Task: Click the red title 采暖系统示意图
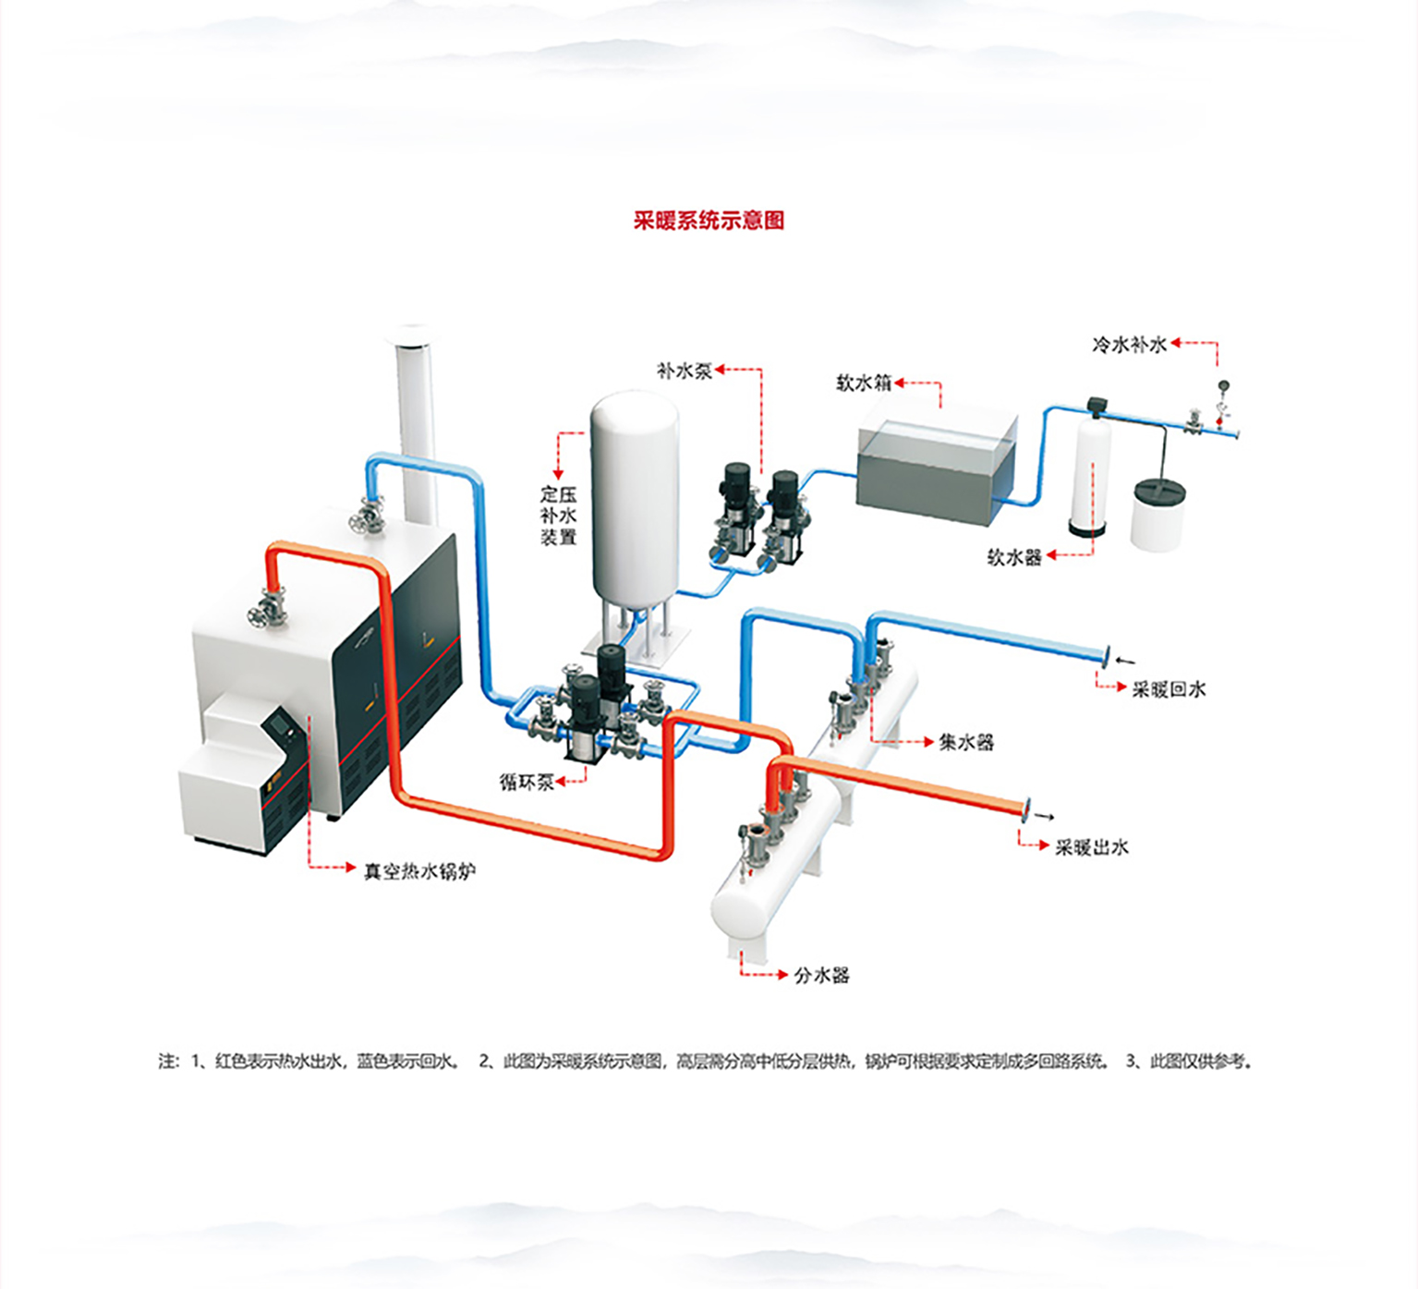[709, 220]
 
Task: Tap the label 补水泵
[685, 371]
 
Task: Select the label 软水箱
[864, 383]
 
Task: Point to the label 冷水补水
[1130, 345]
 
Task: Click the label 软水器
[1015, 557]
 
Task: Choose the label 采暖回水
[1170, 688]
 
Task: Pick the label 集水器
[966, 742]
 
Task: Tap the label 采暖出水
[1093, 846]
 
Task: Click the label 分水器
[822, 975]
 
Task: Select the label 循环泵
[527, 782]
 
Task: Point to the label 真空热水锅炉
[420, 870]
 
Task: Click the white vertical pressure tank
[635, 499]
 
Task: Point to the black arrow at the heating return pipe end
[1125, 660]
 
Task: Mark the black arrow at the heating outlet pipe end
[1044, 816]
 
